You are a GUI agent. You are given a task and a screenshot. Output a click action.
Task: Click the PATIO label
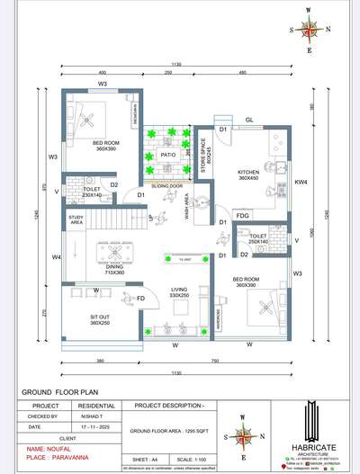[x=167, y=155]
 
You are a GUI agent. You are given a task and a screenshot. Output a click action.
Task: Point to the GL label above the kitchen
[x=249, y=118]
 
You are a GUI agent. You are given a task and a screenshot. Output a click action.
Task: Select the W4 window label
[x=55, y=257]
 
